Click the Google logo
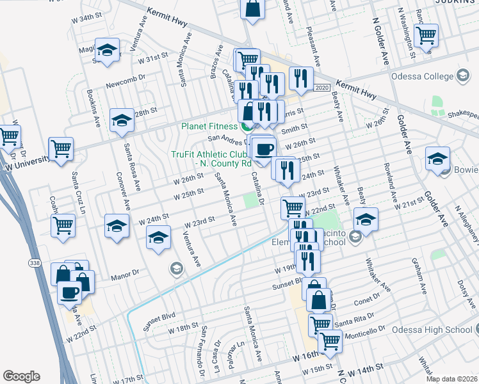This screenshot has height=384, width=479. click(20, 376)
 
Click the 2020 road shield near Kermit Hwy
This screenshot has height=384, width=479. click(322, 87)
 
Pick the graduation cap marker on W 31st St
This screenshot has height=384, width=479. click(107, 50)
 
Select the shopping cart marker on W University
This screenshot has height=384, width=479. click(61, 149)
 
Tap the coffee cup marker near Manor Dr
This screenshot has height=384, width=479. click(70, 292)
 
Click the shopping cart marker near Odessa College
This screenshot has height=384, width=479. click(426, 35)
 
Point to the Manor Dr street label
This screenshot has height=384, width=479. click(124, 274)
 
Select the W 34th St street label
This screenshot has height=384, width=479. click(87, 19)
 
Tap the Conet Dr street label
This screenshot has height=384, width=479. click(366, 301)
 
